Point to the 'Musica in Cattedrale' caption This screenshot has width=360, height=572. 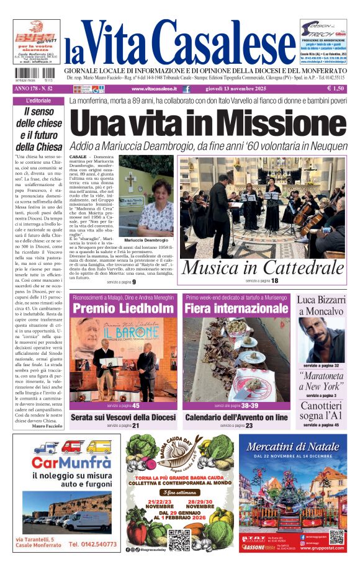click(x=262, y=267)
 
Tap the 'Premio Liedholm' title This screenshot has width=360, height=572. click(x=123, y=309)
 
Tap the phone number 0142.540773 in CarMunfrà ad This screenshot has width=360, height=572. click(x=92, y=544)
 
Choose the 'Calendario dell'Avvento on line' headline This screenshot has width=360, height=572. click(x=236, y=418)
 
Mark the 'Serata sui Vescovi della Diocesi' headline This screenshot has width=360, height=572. click(x=123, y=418)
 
